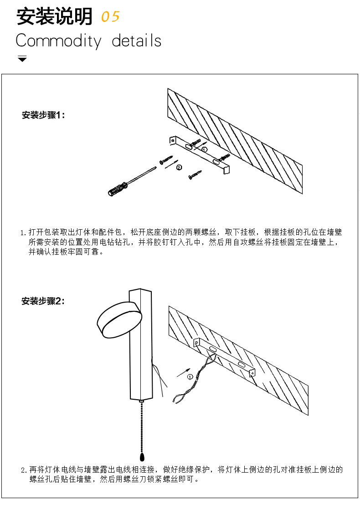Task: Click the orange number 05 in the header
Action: pos(110,17)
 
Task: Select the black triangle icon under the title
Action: pos(22,59)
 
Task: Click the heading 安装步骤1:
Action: pos(44,115)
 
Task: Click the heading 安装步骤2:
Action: pos(44,301)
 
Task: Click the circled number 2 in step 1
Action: pos(179,167)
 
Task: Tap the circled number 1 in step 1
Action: pos(205,149)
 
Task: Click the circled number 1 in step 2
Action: pos(190,376)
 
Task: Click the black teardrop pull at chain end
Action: pos(142,457)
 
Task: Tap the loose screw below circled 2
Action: pos(195,174)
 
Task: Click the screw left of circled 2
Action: pos(167,160)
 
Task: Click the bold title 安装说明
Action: pos(54,17)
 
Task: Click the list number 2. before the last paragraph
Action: pos(25,470)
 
